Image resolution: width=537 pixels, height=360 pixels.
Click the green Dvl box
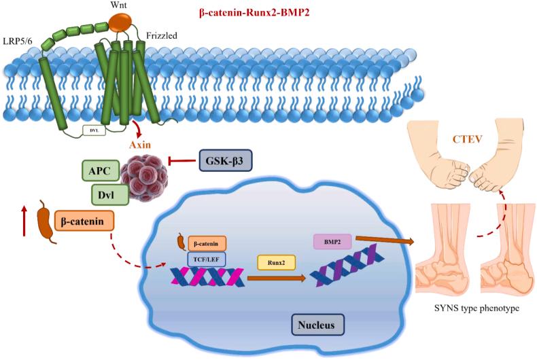click(109, 195)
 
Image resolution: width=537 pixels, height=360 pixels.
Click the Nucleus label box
click(319, 324)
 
